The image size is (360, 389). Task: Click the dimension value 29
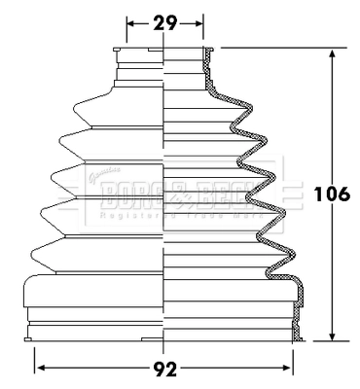click(164, 21)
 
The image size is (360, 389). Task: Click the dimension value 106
click(333, 194)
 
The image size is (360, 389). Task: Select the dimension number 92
click(164, 370)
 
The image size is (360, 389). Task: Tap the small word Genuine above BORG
click(94, 177)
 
